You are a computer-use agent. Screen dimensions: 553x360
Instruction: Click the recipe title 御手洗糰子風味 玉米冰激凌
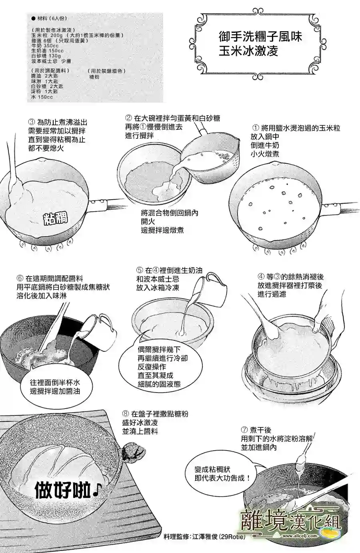(260, 44)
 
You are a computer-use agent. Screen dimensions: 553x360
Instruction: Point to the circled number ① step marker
(256, 128)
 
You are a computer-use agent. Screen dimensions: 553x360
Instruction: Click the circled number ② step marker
(128, 118)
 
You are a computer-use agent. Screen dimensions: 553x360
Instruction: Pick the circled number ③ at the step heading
(32, 122)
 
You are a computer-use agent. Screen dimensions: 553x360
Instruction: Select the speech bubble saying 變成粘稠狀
(222, 473)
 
